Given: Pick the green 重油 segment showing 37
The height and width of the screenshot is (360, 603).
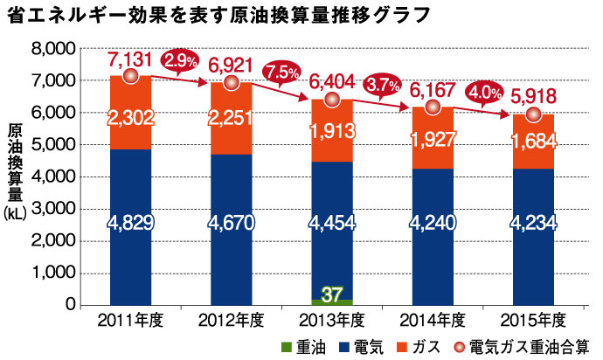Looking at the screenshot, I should (x=331, y=294).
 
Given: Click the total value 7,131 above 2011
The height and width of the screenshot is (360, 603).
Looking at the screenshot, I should (x=131, y=59).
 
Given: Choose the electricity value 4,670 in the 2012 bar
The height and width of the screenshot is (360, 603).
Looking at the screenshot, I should (x=231, y=224).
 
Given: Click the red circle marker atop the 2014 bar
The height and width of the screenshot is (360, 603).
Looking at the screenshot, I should (x=433, y=107).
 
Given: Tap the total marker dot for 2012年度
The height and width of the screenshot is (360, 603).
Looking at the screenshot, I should (x=231, y=83).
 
